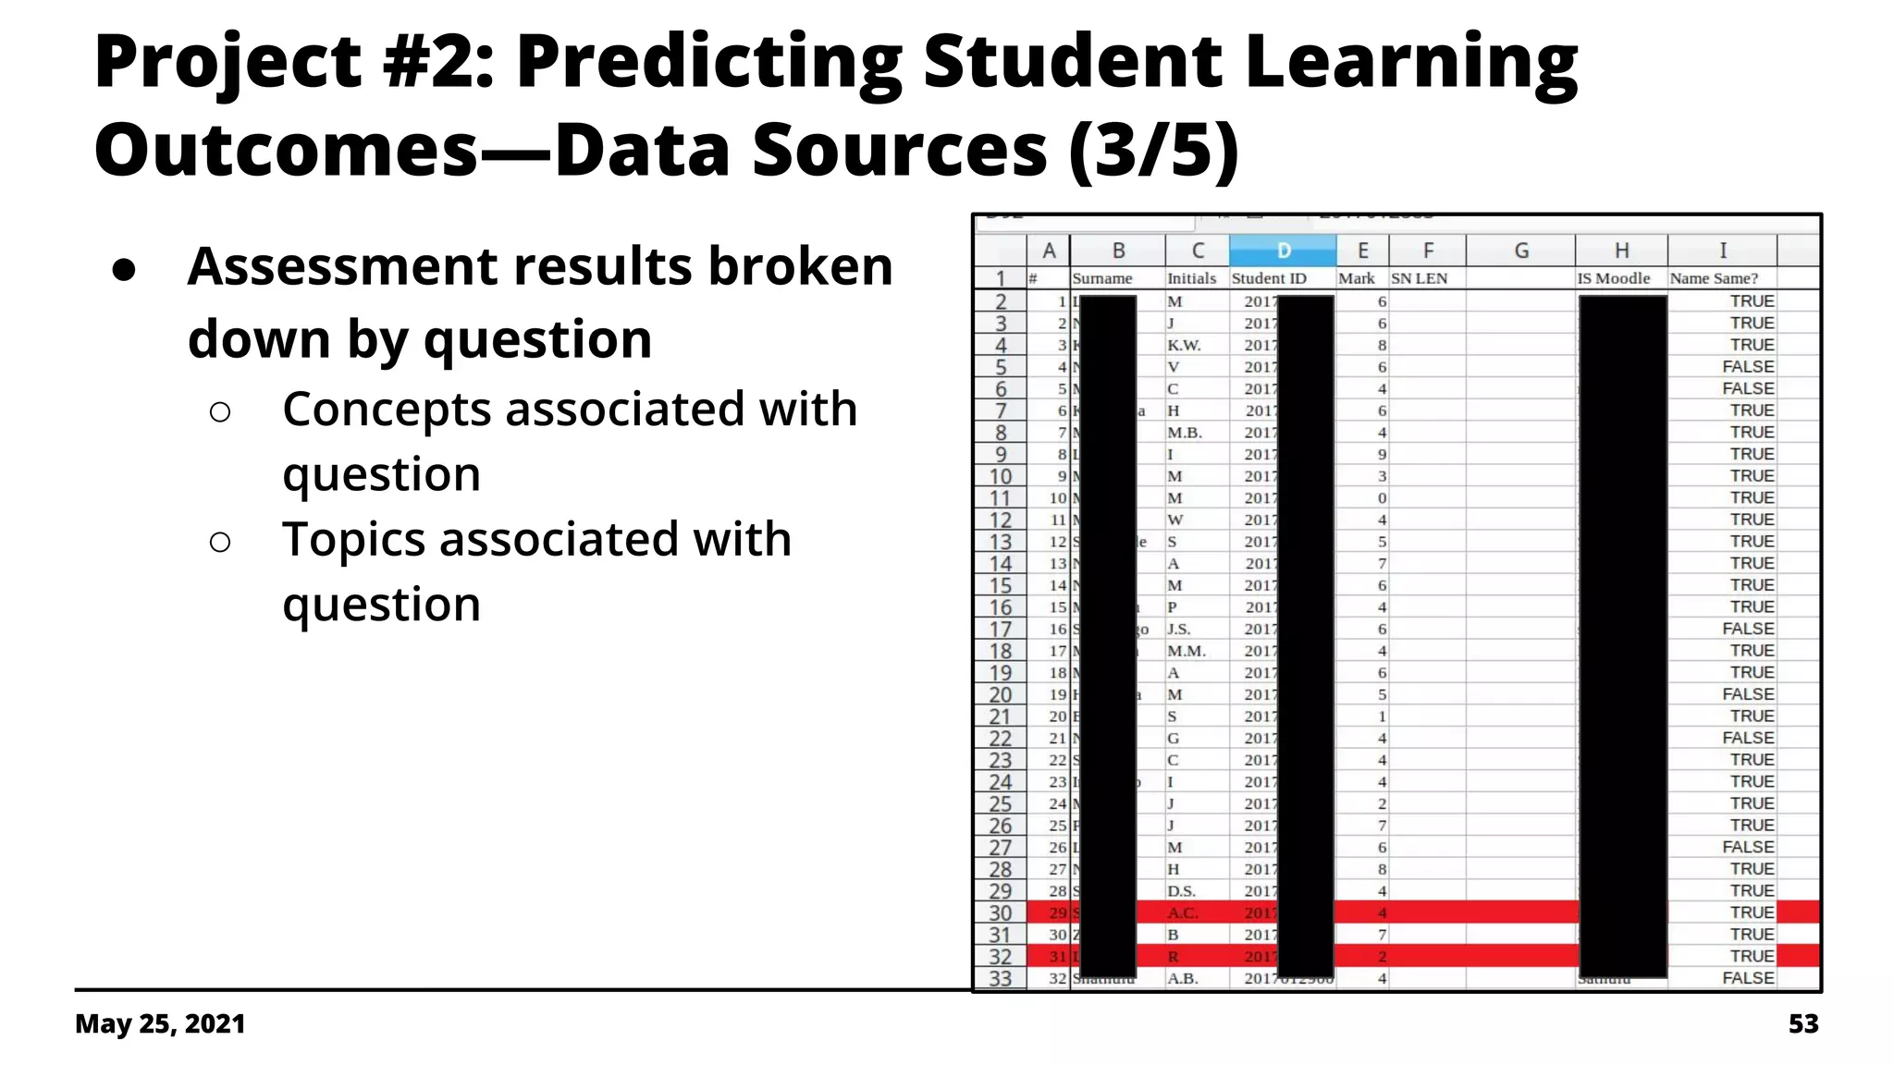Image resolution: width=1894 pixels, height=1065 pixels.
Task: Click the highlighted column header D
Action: coord(1283,251)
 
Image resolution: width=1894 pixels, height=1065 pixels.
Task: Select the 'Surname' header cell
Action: coord(1102,278)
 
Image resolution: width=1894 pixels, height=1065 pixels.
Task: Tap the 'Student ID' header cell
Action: coord(1269,278)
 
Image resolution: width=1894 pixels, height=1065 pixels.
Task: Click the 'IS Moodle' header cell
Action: coord(1614,278)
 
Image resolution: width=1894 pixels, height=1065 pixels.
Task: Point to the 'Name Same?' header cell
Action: coord(1714,278)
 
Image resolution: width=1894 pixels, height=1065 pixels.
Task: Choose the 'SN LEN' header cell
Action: coord(1420,278)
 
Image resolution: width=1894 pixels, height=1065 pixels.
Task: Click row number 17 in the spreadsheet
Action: coord(1001,630)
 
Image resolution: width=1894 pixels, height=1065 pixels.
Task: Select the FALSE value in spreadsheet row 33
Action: coord(1748,978)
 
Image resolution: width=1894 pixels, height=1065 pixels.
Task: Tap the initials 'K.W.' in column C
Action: coord(1184,345)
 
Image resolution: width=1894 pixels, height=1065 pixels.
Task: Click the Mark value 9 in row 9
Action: coord(1382,455)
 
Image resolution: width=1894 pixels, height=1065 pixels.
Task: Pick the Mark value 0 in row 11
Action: coord(1382,498)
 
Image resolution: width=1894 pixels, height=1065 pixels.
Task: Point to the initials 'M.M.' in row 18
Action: coord(1187,651)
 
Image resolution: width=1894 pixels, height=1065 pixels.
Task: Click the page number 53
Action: coord(1803,1024)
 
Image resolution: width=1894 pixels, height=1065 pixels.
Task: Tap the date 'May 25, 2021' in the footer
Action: coord(160,1024)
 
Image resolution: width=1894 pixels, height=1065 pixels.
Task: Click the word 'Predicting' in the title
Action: coord(708,63)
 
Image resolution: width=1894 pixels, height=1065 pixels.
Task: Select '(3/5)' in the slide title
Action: coord(1153,150)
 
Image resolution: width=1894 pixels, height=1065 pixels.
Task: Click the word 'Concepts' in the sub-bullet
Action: coord(387,410)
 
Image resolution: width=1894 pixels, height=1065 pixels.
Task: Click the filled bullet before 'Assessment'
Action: coord(124,270)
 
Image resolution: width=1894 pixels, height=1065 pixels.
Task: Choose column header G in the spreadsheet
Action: coord(1520,251)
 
